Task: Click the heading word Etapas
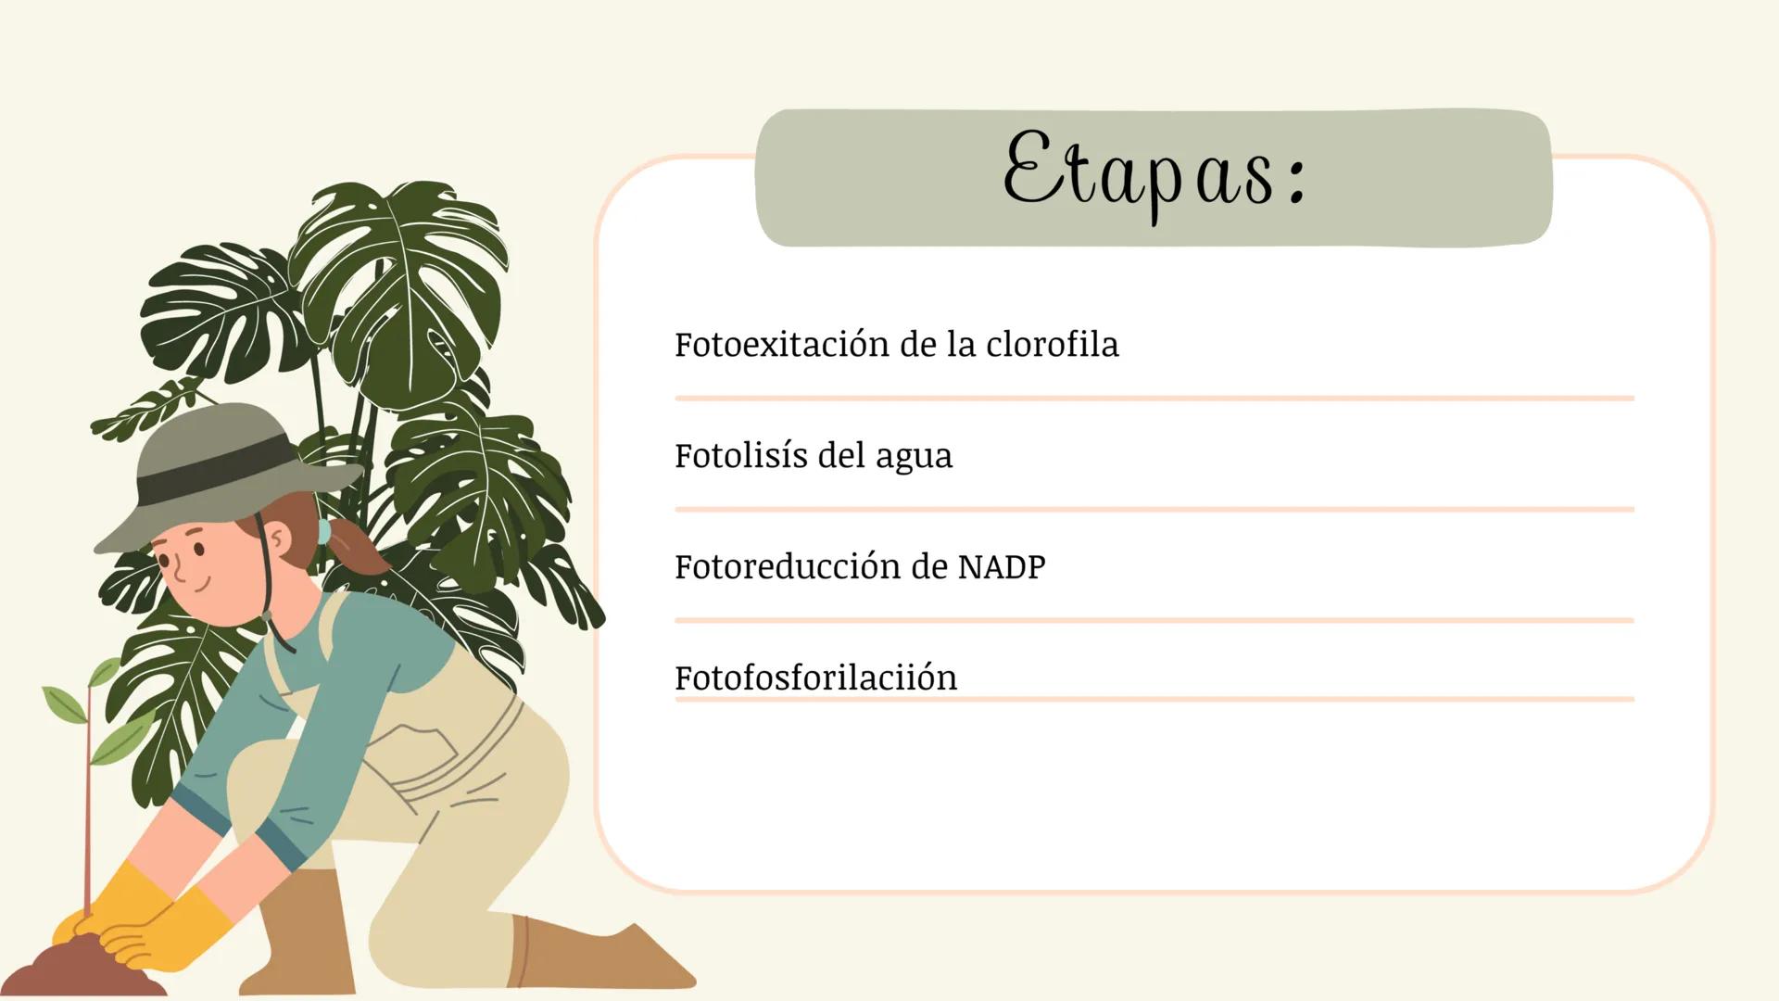[1140, 176]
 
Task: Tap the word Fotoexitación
[780, 345]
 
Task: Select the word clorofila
[1052, 345]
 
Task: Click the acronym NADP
[1001, 566]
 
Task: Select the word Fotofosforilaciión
[815, 678]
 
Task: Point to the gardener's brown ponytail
[357, 551]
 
